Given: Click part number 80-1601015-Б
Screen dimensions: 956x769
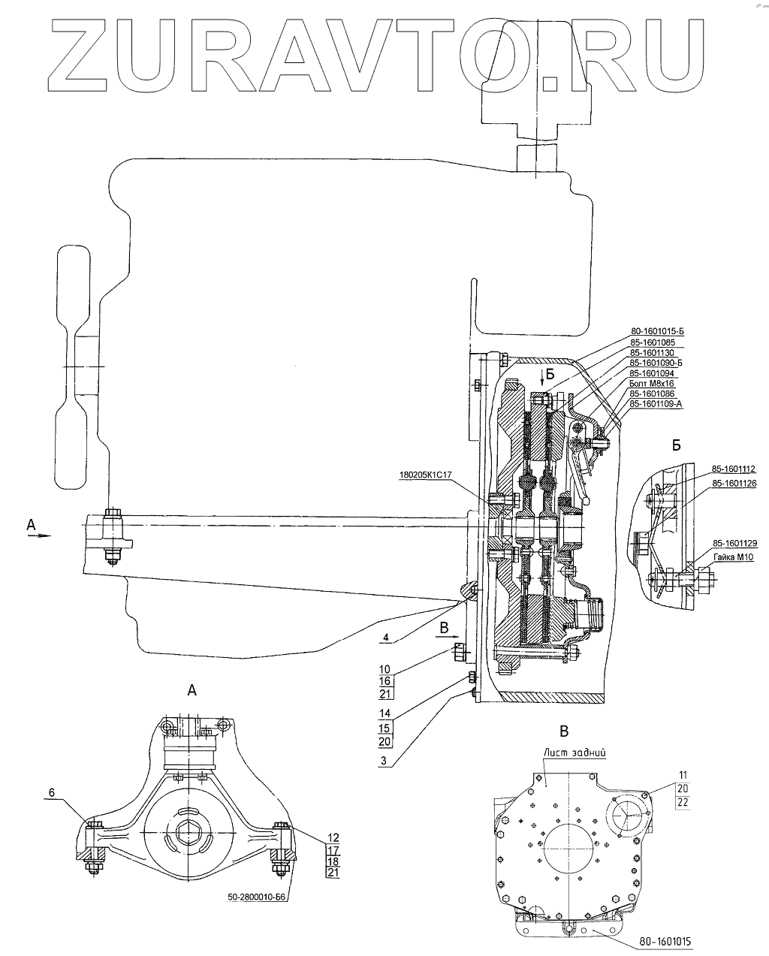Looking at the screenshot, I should point(657,331).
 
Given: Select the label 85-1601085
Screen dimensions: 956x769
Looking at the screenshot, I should point(653,342).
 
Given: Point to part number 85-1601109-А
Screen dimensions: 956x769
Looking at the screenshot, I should point(656,404).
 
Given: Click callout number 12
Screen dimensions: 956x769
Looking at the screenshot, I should point(333,837).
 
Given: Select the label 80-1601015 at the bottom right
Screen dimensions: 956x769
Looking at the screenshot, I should point(665,942).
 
